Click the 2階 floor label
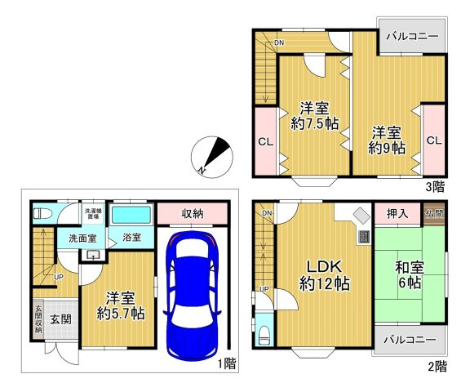[437, 366]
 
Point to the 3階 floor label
[436, 185]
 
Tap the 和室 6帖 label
[410, 274]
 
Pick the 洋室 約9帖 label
[387, 140]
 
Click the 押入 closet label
[397, 214]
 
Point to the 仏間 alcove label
[434, 214]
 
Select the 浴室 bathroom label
[131, 237]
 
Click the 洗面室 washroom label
[82, 238]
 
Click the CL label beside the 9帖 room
[434, 140]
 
